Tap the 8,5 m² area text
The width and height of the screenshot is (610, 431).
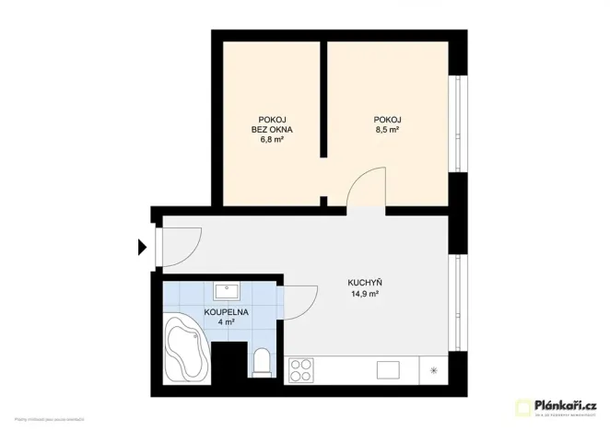(387, 131)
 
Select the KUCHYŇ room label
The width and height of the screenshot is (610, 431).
(364, 282)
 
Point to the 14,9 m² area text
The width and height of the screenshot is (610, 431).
(364, 294)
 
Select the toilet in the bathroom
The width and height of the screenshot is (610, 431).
(262, 362)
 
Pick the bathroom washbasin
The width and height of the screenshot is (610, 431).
(227, 292)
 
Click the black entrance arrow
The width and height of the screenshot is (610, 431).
(143, 247)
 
